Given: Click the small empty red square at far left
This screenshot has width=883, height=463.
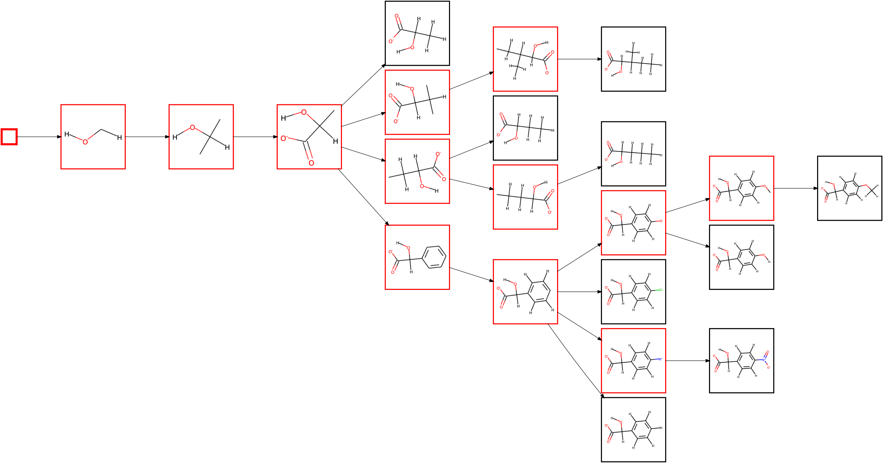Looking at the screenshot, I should [9, 137].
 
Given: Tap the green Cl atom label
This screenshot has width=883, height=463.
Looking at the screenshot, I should [661, 290].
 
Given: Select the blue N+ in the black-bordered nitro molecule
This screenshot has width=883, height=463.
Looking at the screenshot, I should [764, 360].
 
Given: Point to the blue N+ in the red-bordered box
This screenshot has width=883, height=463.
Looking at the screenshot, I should [660, 359].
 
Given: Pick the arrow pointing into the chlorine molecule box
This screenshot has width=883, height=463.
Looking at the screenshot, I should [579, 292].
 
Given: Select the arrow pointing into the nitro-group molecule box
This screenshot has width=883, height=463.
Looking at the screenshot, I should [687, 361].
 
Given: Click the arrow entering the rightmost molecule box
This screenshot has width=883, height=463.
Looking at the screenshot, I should [796, 188].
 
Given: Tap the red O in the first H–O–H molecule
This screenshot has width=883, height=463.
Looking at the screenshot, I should [85, 142].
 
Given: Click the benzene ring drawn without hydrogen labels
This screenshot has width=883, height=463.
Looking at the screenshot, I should [434, 257].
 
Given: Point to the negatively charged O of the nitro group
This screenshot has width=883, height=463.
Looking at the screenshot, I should [769, 368].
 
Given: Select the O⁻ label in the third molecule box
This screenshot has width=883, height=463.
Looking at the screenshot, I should [283, 138].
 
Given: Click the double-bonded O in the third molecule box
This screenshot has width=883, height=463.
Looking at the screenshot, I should [311, 163].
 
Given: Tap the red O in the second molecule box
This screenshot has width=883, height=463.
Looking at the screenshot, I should [192, 128].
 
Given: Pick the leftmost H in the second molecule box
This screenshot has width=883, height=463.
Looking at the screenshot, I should [175, 137].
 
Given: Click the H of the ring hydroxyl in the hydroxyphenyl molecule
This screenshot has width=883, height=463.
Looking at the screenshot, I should [769, 262].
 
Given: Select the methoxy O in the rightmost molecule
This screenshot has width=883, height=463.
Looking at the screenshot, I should [866, 185].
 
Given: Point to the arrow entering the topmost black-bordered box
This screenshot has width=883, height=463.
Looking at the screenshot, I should [364, 85].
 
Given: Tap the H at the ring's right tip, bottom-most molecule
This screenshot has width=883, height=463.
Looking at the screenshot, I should [661, 428].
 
